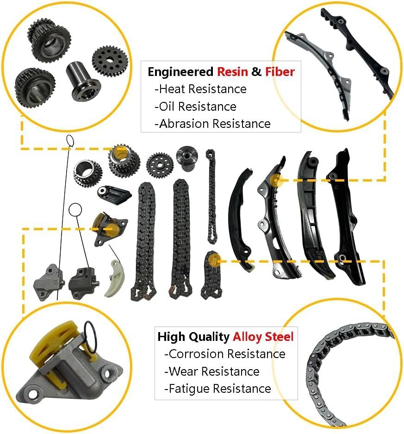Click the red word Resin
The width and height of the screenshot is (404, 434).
point(232,72)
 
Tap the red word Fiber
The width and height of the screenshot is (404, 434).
point(280,72)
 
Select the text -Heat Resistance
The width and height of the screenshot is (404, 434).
point(200,89)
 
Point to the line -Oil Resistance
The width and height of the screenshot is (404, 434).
point(195,107)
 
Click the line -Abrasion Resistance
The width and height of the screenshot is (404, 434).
point(212,124)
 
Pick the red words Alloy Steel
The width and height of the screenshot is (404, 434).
point(263,337)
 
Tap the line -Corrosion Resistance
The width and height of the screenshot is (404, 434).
point(225,354)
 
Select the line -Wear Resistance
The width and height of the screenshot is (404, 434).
point(212,371)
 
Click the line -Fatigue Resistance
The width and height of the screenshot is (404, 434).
point(218,389)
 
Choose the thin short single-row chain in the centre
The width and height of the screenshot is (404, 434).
point(211,196)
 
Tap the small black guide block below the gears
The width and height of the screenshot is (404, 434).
point(113,195)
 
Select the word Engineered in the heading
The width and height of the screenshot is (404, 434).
point(180,72)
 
